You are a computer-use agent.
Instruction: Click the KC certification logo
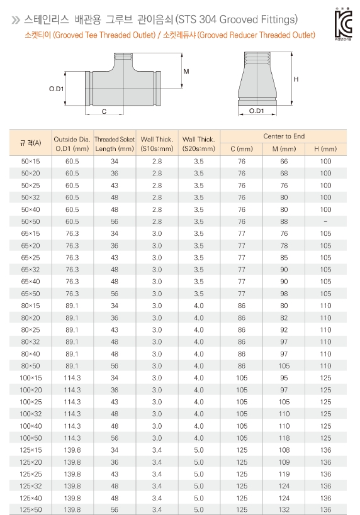(x=344, y=24)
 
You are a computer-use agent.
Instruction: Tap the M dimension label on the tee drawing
(x=186, y=71)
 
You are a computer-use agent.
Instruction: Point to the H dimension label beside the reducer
(x=296, y=79)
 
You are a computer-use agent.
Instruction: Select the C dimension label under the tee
(x=104, y=111)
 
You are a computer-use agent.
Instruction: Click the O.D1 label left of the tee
(x=56, y=89)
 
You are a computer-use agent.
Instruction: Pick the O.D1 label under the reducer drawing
(x=256, y=111)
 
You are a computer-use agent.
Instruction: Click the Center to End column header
(x=284, y=136)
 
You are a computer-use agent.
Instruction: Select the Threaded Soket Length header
(x=115, y=144)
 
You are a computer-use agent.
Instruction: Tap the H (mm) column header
(x=325, y=149)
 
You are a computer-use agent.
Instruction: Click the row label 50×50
(x=30, y=221)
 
